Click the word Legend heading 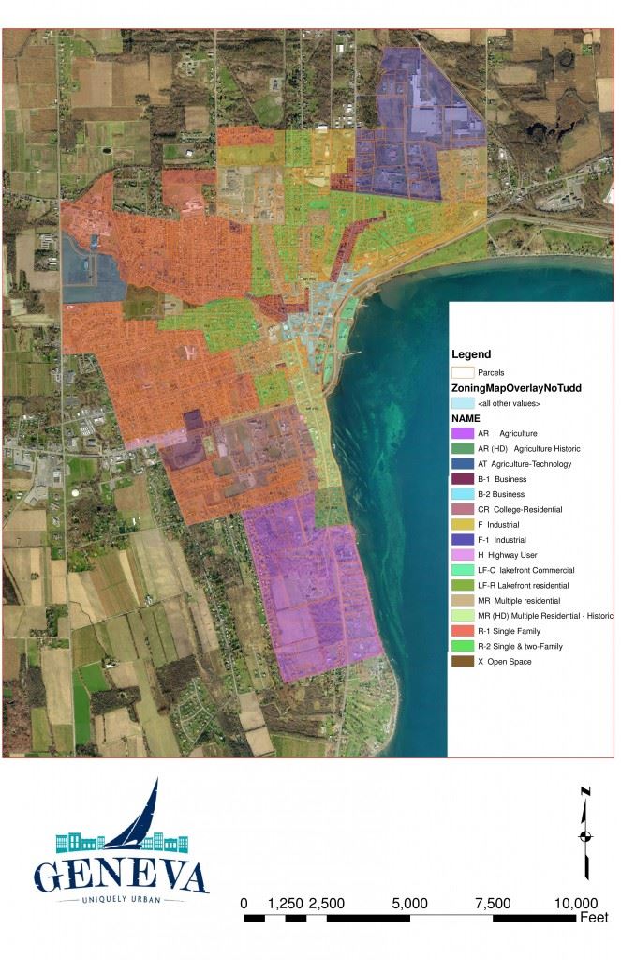pos(471,354)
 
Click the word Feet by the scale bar pos(594,918)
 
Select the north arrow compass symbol pos(585,834)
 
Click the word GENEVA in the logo pos(121,876)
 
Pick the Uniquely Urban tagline pos(120,901)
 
